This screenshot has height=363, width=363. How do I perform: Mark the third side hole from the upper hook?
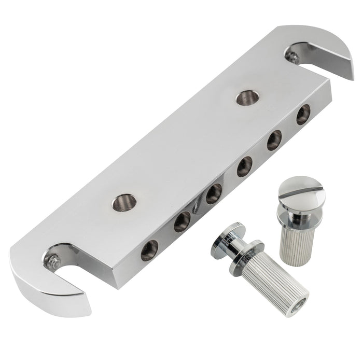244,167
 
